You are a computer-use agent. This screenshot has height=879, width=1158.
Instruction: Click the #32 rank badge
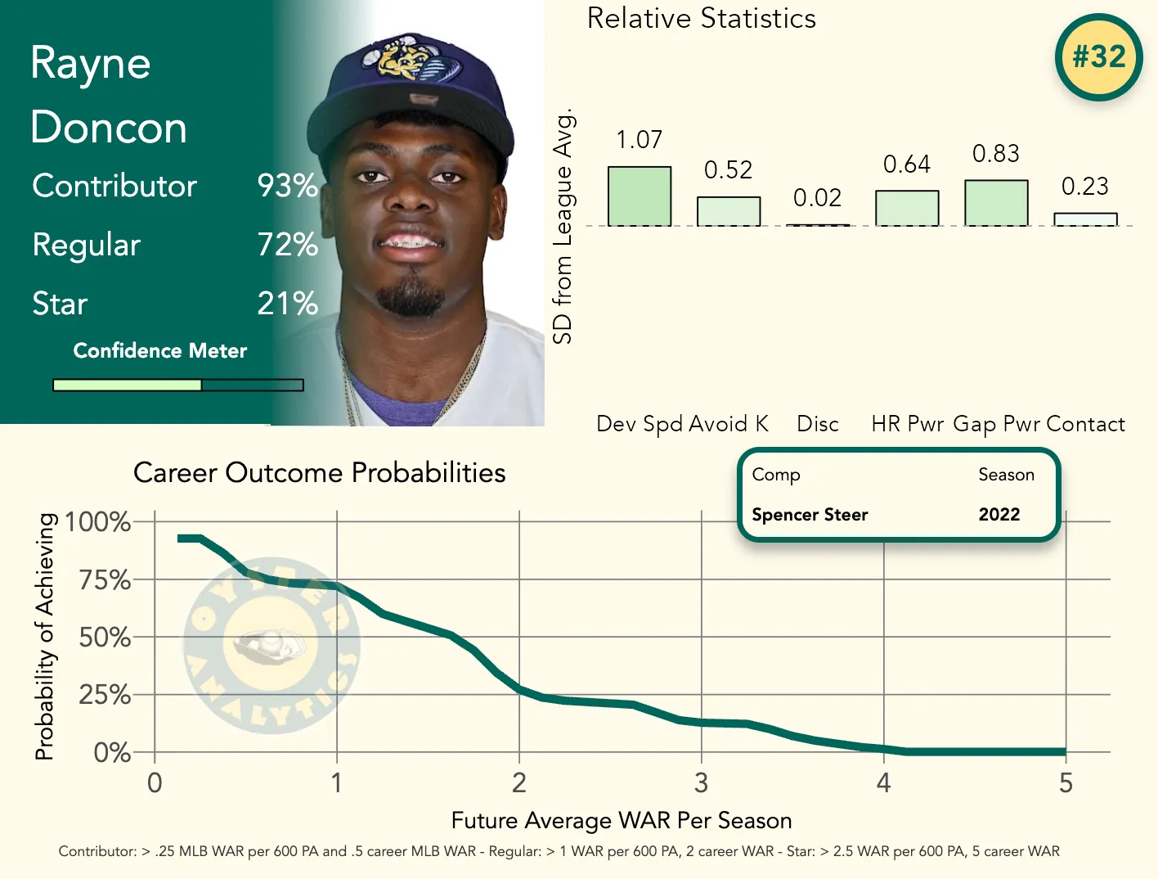tap(1098, 57)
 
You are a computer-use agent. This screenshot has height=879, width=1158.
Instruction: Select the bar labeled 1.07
tap(639, 196)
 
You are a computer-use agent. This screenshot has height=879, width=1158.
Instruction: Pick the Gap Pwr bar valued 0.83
tap(995, 203)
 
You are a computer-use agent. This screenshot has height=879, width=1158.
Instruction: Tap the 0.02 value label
tap(817, 198)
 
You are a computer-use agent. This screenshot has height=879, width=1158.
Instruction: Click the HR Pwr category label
tap(907, 424)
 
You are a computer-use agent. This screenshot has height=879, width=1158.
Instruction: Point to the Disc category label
tap(818, 424)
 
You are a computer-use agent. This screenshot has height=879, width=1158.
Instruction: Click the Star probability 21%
tap(287, 304)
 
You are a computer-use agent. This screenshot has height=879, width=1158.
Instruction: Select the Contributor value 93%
tap(287, 186)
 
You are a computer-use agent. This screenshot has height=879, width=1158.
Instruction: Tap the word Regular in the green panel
tap(87, 245)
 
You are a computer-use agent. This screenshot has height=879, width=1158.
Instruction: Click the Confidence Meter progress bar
tap(178, 385)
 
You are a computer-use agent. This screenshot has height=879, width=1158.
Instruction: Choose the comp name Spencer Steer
tap(810, 515)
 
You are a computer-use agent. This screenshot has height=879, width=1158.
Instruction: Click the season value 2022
tap(999, 515)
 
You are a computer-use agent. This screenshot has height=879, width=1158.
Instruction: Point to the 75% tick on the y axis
tap(105, 580)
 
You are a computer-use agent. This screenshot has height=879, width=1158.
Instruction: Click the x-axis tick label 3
tap(701, 783)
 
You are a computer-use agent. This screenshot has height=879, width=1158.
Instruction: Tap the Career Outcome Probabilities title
tap(319, 473)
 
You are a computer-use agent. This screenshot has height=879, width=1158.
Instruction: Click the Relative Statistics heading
tap(701, 19)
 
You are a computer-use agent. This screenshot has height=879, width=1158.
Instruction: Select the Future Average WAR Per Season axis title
tap(621, 820)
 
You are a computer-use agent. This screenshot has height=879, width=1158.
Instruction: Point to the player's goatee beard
tap(410, 297)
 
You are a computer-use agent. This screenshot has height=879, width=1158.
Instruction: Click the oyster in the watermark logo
tap(270, 647)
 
